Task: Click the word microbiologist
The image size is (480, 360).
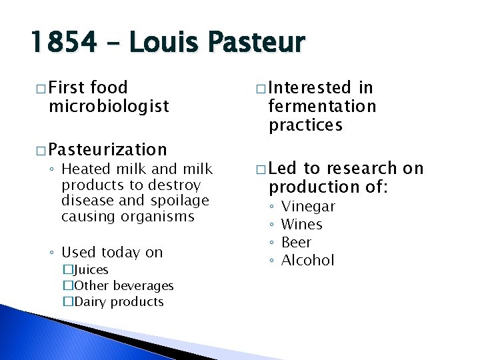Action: pos(109,106)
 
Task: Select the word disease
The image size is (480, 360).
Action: pos(86,201)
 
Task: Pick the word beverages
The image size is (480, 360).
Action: pos(142,286)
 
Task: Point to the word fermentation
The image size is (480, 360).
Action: pos(322,106)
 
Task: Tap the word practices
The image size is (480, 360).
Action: pos(305,125)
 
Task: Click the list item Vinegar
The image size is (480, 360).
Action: pos(308,207)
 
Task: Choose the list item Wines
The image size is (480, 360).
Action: pos(301,225)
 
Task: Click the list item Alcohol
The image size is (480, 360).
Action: pos(307,261)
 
